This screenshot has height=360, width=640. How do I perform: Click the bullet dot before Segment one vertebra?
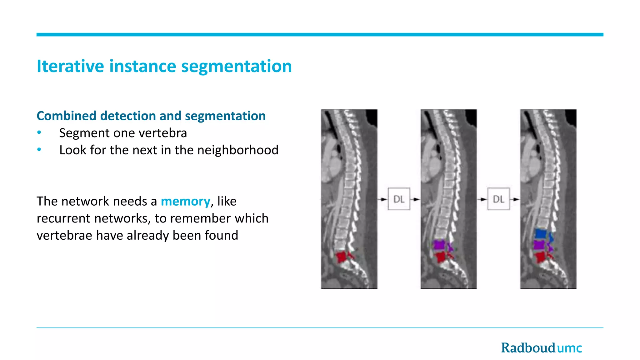pos(39,133)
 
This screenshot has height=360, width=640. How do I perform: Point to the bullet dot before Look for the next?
pos(39,150)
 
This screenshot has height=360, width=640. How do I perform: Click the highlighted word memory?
pos(185,201)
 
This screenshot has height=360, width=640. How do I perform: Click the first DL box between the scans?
pos(399,199)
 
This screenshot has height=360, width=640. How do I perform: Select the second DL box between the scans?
pos(498,199)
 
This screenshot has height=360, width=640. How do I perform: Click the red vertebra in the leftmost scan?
pos(342,257)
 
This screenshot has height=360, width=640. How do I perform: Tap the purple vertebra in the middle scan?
pos(439,244)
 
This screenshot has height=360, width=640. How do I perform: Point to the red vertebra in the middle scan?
pos(441,257)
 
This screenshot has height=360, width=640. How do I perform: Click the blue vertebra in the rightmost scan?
pos(541,233)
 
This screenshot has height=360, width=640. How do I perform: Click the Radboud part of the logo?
pos(528,348)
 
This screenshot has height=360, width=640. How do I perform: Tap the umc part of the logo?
pos(569,348)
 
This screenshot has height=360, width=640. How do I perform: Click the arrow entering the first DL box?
pos(382,199)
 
